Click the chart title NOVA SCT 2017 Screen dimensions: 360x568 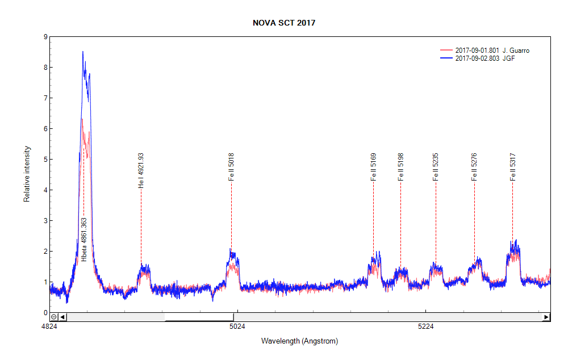tap(284, 23)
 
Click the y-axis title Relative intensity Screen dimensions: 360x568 tap(27, 174)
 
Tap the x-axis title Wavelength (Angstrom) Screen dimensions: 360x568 tap(299, 341)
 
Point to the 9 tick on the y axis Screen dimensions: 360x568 tap(45, 37)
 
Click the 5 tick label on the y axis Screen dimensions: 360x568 tap(45, 160)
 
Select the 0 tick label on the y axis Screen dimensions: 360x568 tap(45, 312)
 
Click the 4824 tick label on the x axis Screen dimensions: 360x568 tap(49, 327)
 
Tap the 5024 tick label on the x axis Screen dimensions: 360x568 tap(237, 327)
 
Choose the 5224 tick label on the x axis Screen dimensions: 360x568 tap(425, 327)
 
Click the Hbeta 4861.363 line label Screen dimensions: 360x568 tap(84, 239)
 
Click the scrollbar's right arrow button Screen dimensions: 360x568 tap(546, 317)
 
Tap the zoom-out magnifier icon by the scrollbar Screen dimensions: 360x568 tap(54, 317)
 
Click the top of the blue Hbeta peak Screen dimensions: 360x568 tap(83, 52)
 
